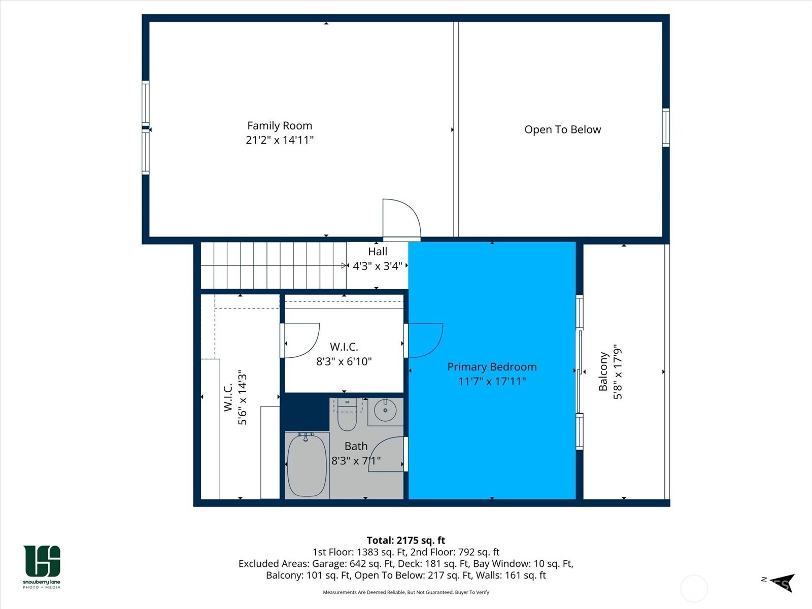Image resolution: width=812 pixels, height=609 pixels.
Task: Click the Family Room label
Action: [x=279, y=126]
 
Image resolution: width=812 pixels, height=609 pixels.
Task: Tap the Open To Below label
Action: [x=562, y=129]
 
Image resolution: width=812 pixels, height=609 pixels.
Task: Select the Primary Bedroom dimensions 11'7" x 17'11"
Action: [x=492, y=381]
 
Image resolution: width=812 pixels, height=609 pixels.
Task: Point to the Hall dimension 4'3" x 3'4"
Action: [x=377, y=266]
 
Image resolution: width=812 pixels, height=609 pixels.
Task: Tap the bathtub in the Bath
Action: [x=307, y=465]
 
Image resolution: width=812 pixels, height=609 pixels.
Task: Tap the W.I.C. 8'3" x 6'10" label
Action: [x=344, y=354]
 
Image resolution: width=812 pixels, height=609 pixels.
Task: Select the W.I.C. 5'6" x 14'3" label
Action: [x=235, y=397]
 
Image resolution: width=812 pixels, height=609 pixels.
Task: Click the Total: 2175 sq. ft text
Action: [x=405, y=540]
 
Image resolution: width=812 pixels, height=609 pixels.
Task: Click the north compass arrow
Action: [x=782, y=583]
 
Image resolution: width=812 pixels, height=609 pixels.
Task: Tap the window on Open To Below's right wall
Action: [x=665, y=128]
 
